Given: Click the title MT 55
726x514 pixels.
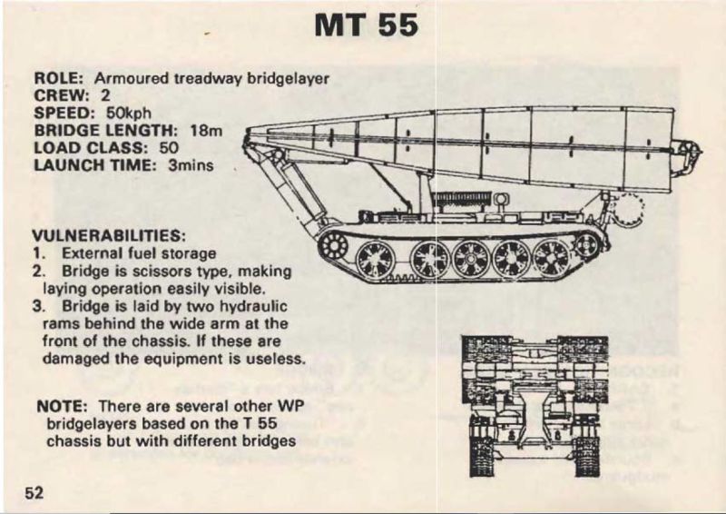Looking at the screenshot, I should (x=367, y=25).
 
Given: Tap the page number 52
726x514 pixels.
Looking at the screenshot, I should (x=34, y=493).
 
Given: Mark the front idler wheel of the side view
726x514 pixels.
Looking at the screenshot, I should (x=336, y=244).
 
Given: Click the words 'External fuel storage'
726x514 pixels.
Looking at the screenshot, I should (x=138, y=253).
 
